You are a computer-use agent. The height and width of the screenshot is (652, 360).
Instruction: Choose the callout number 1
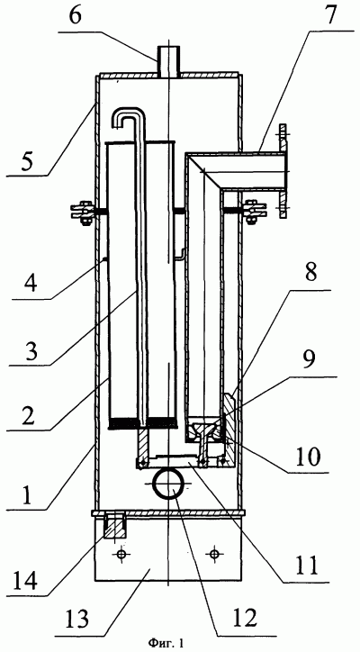(28, 494)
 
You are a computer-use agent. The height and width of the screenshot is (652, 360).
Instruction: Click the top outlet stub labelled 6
(168, 61)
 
